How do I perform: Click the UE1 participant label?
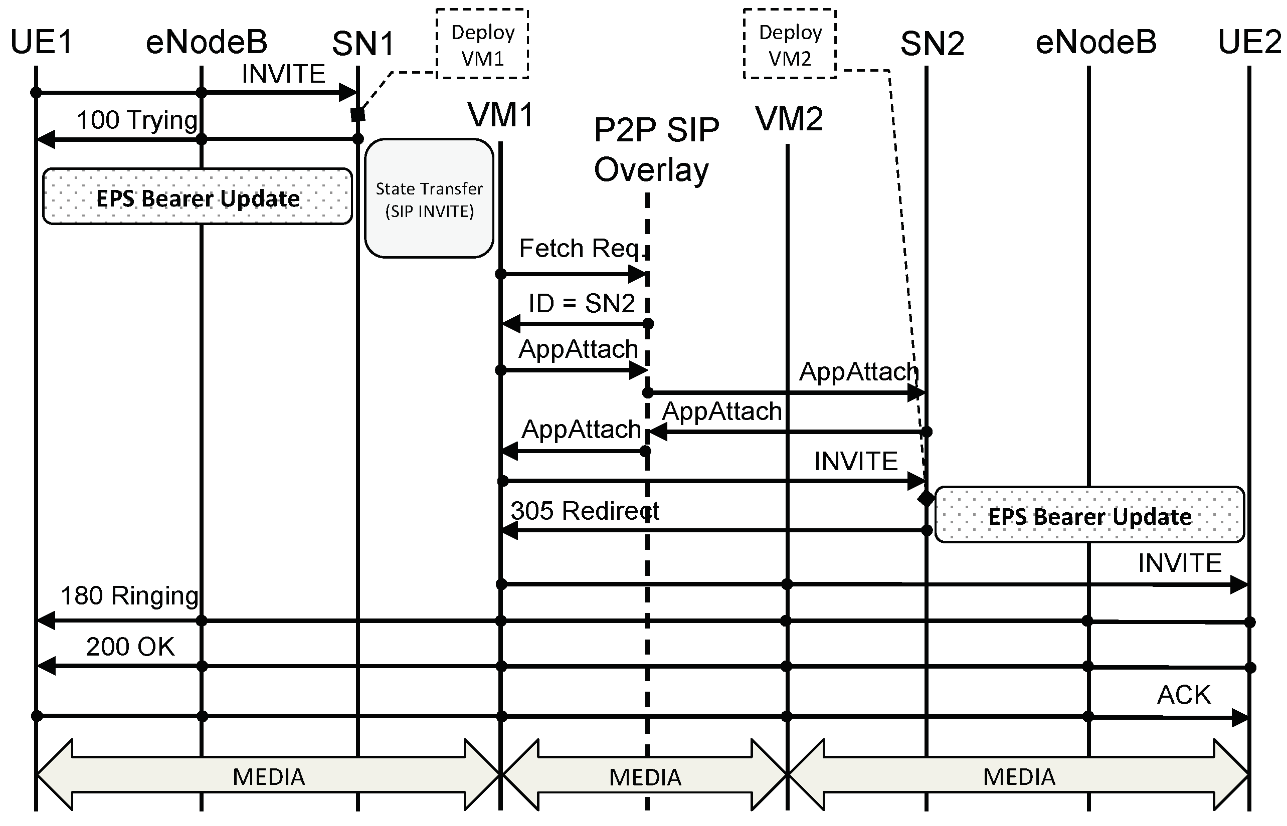click(x=41, y=43)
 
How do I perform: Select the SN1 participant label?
click(x=363, y=44)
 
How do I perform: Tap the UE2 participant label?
click(x=1249, y=43)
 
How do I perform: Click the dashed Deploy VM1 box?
click(x=482, y=45)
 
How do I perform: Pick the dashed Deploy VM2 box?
click(x=790, y=45)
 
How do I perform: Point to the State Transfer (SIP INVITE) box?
click(x=429, y=199)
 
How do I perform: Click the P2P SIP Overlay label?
click(x=656, y=150)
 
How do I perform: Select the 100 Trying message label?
click(x=137, y=120)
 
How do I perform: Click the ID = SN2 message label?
click(x=582, y=304)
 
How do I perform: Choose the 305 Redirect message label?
click(x=584, y=511)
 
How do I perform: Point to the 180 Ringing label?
click(x=129, y=596)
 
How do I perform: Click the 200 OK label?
click(x=130, y=647)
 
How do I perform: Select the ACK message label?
click(x=1183, y=695)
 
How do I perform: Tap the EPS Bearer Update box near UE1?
click(x=198, y=197)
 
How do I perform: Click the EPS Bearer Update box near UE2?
click(x=1089, y=515)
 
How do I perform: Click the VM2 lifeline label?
click(x=789, y=119)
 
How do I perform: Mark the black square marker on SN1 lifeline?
click(x=358, y=114)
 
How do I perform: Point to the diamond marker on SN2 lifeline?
click(x=926, y=498)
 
